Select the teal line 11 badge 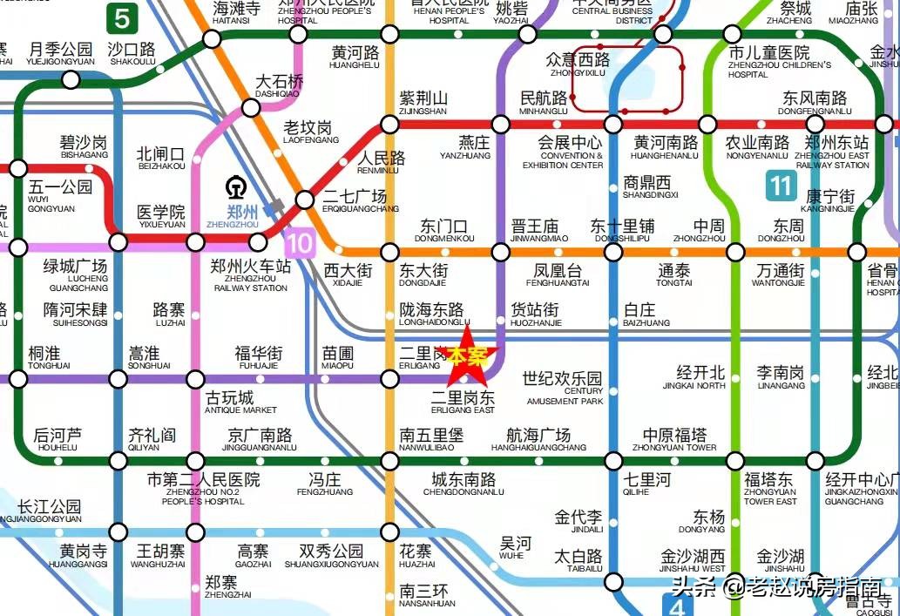[x=781, y=186]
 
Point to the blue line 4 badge [x=675, y=604]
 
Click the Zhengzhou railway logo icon [x=233, y=188]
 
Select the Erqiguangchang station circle [x=305, y=200]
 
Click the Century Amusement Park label [x=564, y=388]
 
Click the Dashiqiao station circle [x=251, y=108]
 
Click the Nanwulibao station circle [x=389, y=461]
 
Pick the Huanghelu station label [x=355, y=58]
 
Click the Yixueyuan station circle [x=118, y=242]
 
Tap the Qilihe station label [x=647, y=484]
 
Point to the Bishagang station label [x=84, y=147]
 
